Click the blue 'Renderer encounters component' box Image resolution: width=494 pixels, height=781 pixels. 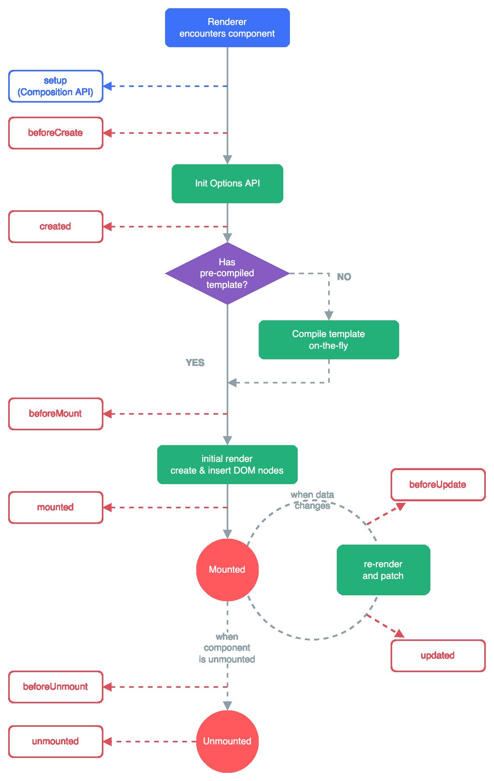(227, 28)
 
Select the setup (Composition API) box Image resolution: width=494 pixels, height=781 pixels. (55, 86)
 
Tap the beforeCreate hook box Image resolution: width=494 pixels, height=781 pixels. (55, 133)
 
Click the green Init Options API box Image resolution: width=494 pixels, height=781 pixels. (227, 183)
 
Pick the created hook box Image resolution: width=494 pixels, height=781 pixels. (55, 227)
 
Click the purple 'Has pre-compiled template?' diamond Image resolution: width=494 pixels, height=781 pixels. (227, 273)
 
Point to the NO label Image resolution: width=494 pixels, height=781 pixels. (344, 277)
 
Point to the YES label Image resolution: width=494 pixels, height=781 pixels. (195, 363)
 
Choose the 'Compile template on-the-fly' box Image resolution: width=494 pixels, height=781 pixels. (329, 340)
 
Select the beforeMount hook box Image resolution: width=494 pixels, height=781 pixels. (55, 414)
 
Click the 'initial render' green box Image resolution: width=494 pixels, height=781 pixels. (227, 465)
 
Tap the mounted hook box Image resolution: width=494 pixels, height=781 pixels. (55, 508)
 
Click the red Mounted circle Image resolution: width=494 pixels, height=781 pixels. (227, 570)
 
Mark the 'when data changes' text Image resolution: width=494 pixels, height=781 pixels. (312, 500)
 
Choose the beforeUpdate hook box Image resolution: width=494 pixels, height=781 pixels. (438, 485)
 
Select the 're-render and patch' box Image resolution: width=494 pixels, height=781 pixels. (383, 570)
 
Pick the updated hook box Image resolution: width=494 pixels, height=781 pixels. (438, 656)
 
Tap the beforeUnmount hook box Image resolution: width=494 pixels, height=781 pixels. (55, 687)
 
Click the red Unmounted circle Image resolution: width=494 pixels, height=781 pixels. (227, 741)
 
